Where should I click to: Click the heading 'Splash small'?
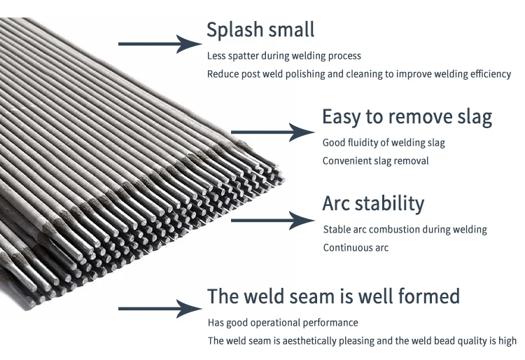pyautogui.click(x=260, y=30)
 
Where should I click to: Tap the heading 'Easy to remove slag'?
pyautogui.click(x=407, y=117)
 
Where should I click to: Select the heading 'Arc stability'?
pyautogui.click(x=373, y=204)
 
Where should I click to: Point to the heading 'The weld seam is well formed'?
pyautogui.click(x=333, y=296)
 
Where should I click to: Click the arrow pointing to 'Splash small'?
pyautogui.click(x=160, y=44)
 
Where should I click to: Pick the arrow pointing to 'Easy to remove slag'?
pyautogui.click(x=272, y=131)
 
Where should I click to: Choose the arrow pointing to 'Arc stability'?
pyautogui.click(x=272, y=220)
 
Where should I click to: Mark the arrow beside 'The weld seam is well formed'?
pyautogui.click(x=160, y=308)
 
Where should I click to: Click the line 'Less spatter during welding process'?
pyautogui.click(x=284, y=56)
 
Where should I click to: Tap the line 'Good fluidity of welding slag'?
pyautogui.click(x=384, y=143)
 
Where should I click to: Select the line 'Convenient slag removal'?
pyautogui.click(x=375, y=161)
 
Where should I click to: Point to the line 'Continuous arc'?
pyautogui.click(x=356, y=247)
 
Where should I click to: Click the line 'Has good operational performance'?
pyautogui.click(x=283, y=323)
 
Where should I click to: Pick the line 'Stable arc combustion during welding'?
pyautogui.click(x=405, y=230)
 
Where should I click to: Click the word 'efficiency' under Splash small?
pyautogui.click(x=489, y=74)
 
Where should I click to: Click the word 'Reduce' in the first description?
pyautogui.click(x=223, y=74)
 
